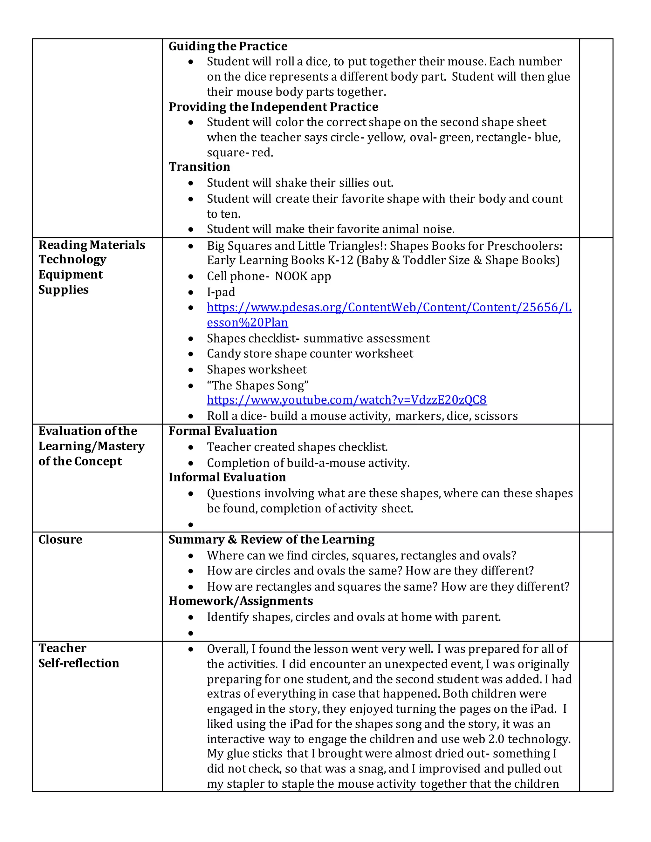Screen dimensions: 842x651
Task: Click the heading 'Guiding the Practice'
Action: pos(228,46)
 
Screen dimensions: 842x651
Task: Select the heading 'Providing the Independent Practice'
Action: pos(273,107)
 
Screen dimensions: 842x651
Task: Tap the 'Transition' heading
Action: pos(199,166)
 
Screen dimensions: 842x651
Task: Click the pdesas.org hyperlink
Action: pos(389,307)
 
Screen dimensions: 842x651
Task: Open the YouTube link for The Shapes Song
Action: pos(347,400)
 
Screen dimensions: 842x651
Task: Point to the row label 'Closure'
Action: pos(60,540)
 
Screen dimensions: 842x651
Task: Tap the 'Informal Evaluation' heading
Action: pos(227,477)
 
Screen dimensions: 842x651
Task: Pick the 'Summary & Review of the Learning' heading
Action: pos(271,540)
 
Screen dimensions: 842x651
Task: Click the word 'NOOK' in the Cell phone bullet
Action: pos(292,276)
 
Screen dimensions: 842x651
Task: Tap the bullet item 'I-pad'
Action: pos(221,292)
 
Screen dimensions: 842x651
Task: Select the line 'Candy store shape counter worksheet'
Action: pos(310,354)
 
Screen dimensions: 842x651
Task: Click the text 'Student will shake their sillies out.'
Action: pos(300,182)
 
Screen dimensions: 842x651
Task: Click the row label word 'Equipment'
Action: pos(71,275)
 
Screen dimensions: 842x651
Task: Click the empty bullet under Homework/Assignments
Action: pos(190,633)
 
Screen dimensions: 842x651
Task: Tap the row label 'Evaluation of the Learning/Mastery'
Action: pos(92,438)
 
